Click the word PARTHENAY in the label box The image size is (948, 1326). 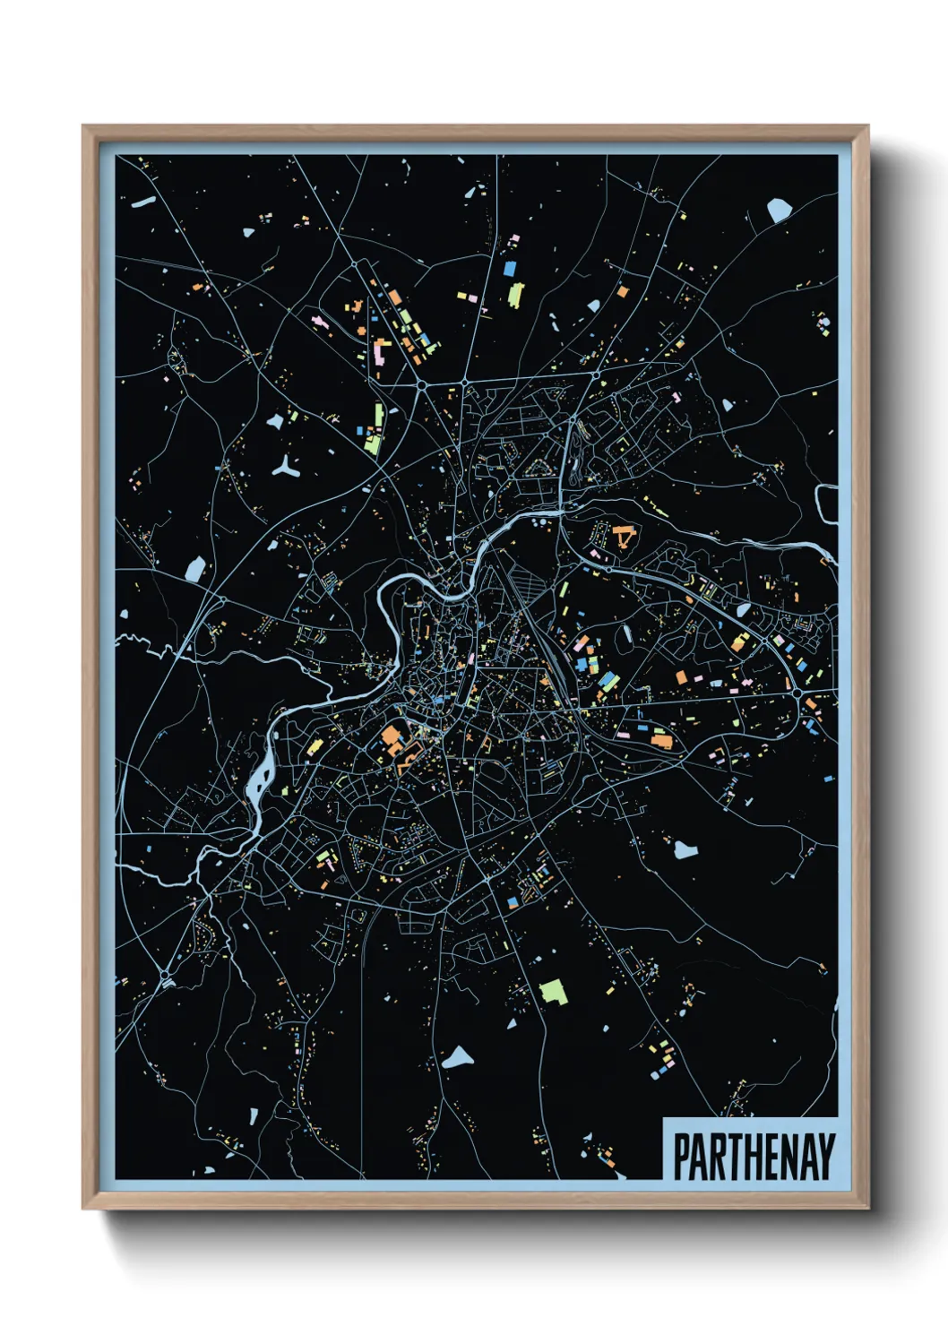[x=754, y=1157]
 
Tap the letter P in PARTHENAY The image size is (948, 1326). [x=682, y=1157]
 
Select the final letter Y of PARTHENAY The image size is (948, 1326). [x=825, y=1157]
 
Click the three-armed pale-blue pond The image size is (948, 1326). [x=286, y=467]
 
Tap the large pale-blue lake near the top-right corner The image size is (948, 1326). [x=780, y=210]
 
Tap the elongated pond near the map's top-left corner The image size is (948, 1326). [x=143, y=203]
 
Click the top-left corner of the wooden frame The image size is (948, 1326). [x=84, y=127]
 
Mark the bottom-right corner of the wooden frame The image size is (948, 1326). [x=867, y=1208]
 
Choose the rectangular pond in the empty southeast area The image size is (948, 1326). [x=685, y=848]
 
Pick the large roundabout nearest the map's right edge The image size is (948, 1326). [x=796, y=693]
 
